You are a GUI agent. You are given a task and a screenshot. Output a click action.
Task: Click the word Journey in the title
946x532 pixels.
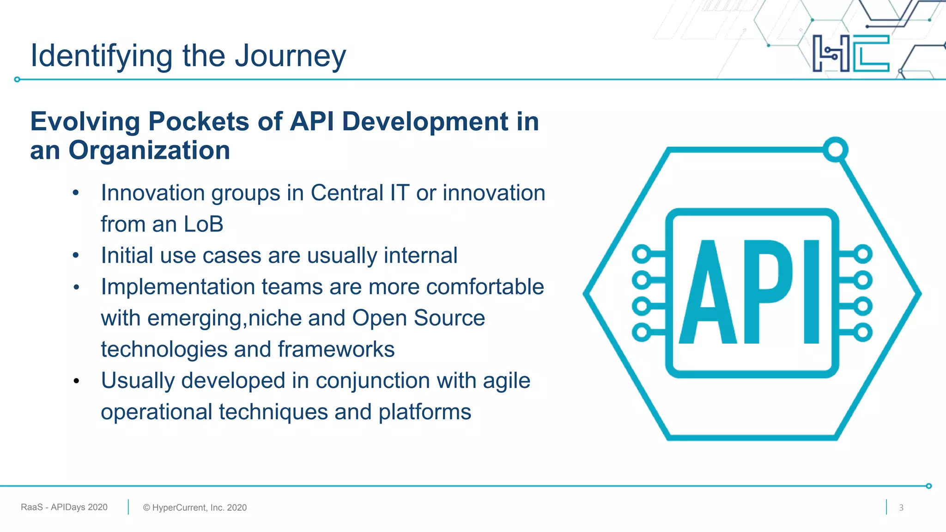[290, 56]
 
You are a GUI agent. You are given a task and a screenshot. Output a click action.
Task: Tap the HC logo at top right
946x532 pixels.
[851, 54]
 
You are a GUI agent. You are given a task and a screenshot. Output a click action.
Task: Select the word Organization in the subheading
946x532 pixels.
[149, 151]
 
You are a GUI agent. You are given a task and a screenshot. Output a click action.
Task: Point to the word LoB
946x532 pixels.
[203, 224]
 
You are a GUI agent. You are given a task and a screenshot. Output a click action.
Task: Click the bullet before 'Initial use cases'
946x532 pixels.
[76, 255]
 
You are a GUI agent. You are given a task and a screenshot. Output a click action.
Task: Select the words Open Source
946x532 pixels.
[418, 318]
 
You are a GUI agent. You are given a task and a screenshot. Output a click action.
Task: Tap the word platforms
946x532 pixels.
[424, 412]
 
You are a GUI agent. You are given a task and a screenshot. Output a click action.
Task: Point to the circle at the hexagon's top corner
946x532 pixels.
[835, 150]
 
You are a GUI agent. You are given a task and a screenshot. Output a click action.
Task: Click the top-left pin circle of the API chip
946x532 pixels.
[642, 254]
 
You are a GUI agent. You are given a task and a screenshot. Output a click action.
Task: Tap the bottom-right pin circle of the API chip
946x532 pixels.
[862, 332]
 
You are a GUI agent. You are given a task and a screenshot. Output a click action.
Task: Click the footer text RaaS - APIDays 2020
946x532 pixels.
[64, 507]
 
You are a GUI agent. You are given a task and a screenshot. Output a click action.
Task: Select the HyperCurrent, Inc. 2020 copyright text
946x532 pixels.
[195, 508]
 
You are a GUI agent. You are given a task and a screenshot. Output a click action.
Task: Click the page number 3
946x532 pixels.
[901, 508]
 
